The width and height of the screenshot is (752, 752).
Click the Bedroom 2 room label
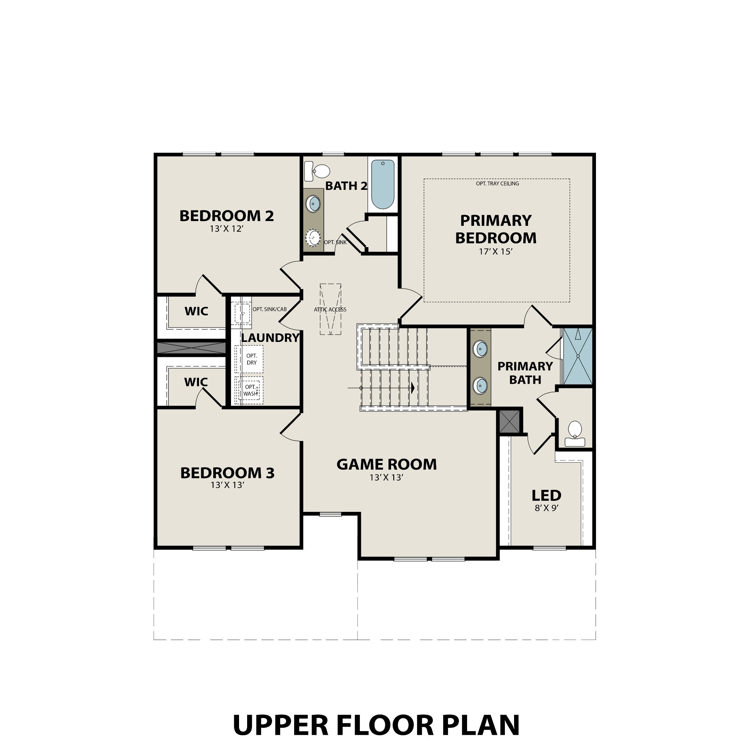tap(227, 216)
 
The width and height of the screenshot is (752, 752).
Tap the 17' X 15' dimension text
tap(495, 252)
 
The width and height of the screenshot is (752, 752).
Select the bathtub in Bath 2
tap(383, 184)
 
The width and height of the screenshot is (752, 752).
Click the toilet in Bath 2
tap(318, 171)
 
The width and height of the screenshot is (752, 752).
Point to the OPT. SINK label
tap(335, 242)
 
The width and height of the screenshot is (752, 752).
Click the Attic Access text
tap(330, 310)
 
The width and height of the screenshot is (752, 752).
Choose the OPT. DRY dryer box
tap(252, 359)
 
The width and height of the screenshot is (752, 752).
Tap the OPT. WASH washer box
tap(250, 390)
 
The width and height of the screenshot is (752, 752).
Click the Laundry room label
tap(270, 338)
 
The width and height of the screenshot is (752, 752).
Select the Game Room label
tap(387, 464)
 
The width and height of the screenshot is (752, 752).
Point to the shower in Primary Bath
tap(578, 357)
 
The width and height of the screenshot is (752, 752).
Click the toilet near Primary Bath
tap(575, 433)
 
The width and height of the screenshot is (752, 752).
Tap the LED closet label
tap(546, 495)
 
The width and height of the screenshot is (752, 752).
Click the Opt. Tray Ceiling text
tap(497, 183)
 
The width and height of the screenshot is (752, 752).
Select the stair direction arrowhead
tap(413, 388)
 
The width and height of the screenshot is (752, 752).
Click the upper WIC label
tap(196, 311)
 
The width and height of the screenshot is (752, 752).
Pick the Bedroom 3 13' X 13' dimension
tap(227, 485)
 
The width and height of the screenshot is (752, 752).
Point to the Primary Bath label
tap(525, 373)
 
